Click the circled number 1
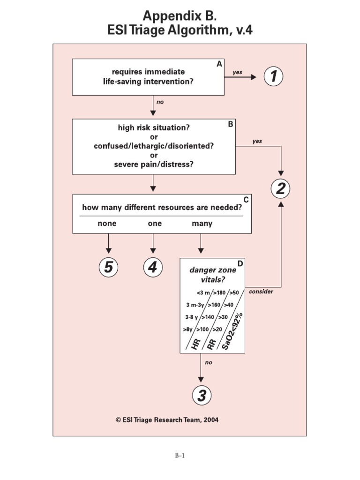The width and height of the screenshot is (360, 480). pyautogui.click(x=274, y=77)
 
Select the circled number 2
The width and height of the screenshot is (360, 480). pyautogui.click(x=281, y=189)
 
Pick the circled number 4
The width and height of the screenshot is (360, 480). pyautogui.click(x=152, y=268)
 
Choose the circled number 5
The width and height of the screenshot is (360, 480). pyautogui.click(x=108, y=268)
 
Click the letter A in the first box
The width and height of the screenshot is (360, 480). pyautogui.click(x=219, y=65)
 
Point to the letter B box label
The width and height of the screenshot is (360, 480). pyautogui.click(x=230, y=124)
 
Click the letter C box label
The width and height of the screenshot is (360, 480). pyautogui.click(x=246, y=199)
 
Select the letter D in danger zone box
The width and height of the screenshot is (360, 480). pyautogui.click(x=240, y=263)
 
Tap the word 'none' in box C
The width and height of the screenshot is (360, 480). pyautogui.click(x=107, y=224)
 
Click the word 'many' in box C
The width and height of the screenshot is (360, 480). pyautogui.click(x=202, y=224)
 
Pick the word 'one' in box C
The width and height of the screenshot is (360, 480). pyautogui.click(x=155, y=224)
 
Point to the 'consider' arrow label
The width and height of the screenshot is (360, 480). pyautogui.click(x=261, y=291)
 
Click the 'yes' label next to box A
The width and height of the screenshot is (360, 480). pyautogui.click(x=238, y=72)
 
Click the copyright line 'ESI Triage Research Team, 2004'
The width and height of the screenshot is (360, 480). pyautogui.click(x=167, y=420)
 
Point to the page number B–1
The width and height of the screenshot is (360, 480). pyautogui.click(x=180, y=455)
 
